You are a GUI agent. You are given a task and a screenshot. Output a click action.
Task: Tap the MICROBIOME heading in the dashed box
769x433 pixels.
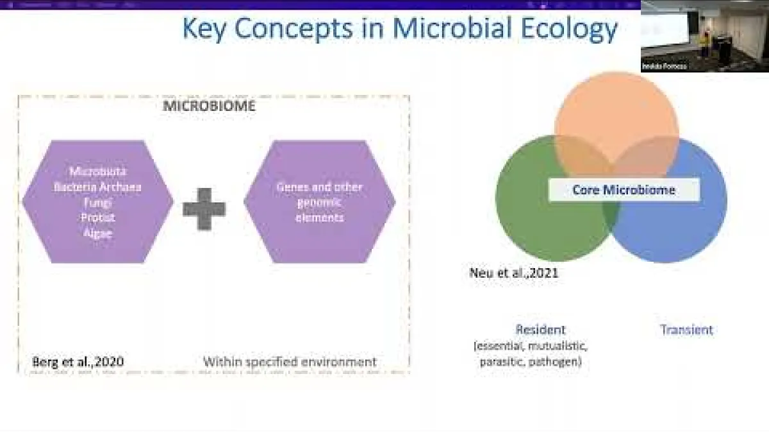tap(209, 106)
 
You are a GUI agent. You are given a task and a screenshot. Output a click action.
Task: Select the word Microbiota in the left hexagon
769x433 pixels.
tap(98, 171)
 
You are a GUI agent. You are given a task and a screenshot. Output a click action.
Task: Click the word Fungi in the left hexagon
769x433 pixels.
tap(97, 202)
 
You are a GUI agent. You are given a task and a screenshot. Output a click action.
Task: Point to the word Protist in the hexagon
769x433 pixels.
tap(97, 217)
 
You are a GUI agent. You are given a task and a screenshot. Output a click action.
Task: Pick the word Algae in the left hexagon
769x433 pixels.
tap(97, 233)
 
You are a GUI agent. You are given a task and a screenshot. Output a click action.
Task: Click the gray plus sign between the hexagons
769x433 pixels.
tap(204, 208)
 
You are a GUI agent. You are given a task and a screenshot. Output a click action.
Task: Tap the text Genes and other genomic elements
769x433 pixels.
tap(319, 202)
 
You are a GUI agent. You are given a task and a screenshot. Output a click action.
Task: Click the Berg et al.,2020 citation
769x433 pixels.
tap(78, 362)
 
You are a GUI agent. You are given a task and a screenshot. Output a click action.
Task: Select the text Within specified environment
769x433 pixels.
tap(290, 362)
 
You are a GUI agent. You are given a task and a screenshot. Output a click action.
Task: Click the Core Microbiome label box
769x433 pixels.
tap(624, 190)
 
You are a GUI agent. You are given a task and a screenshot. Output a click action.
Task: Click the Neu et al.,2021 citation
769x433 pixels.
tap(514, 273)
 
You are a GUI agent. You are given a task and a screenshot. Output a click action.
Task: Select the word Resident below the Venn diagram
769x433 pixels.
tap(540, 330)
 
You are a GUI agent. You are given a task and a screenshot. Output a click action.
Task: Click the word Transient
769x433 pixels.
tap(686, 330)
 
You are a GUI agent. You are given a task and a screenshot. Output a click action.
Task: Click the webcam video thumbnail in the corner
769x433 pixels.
tap(704, 35)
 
